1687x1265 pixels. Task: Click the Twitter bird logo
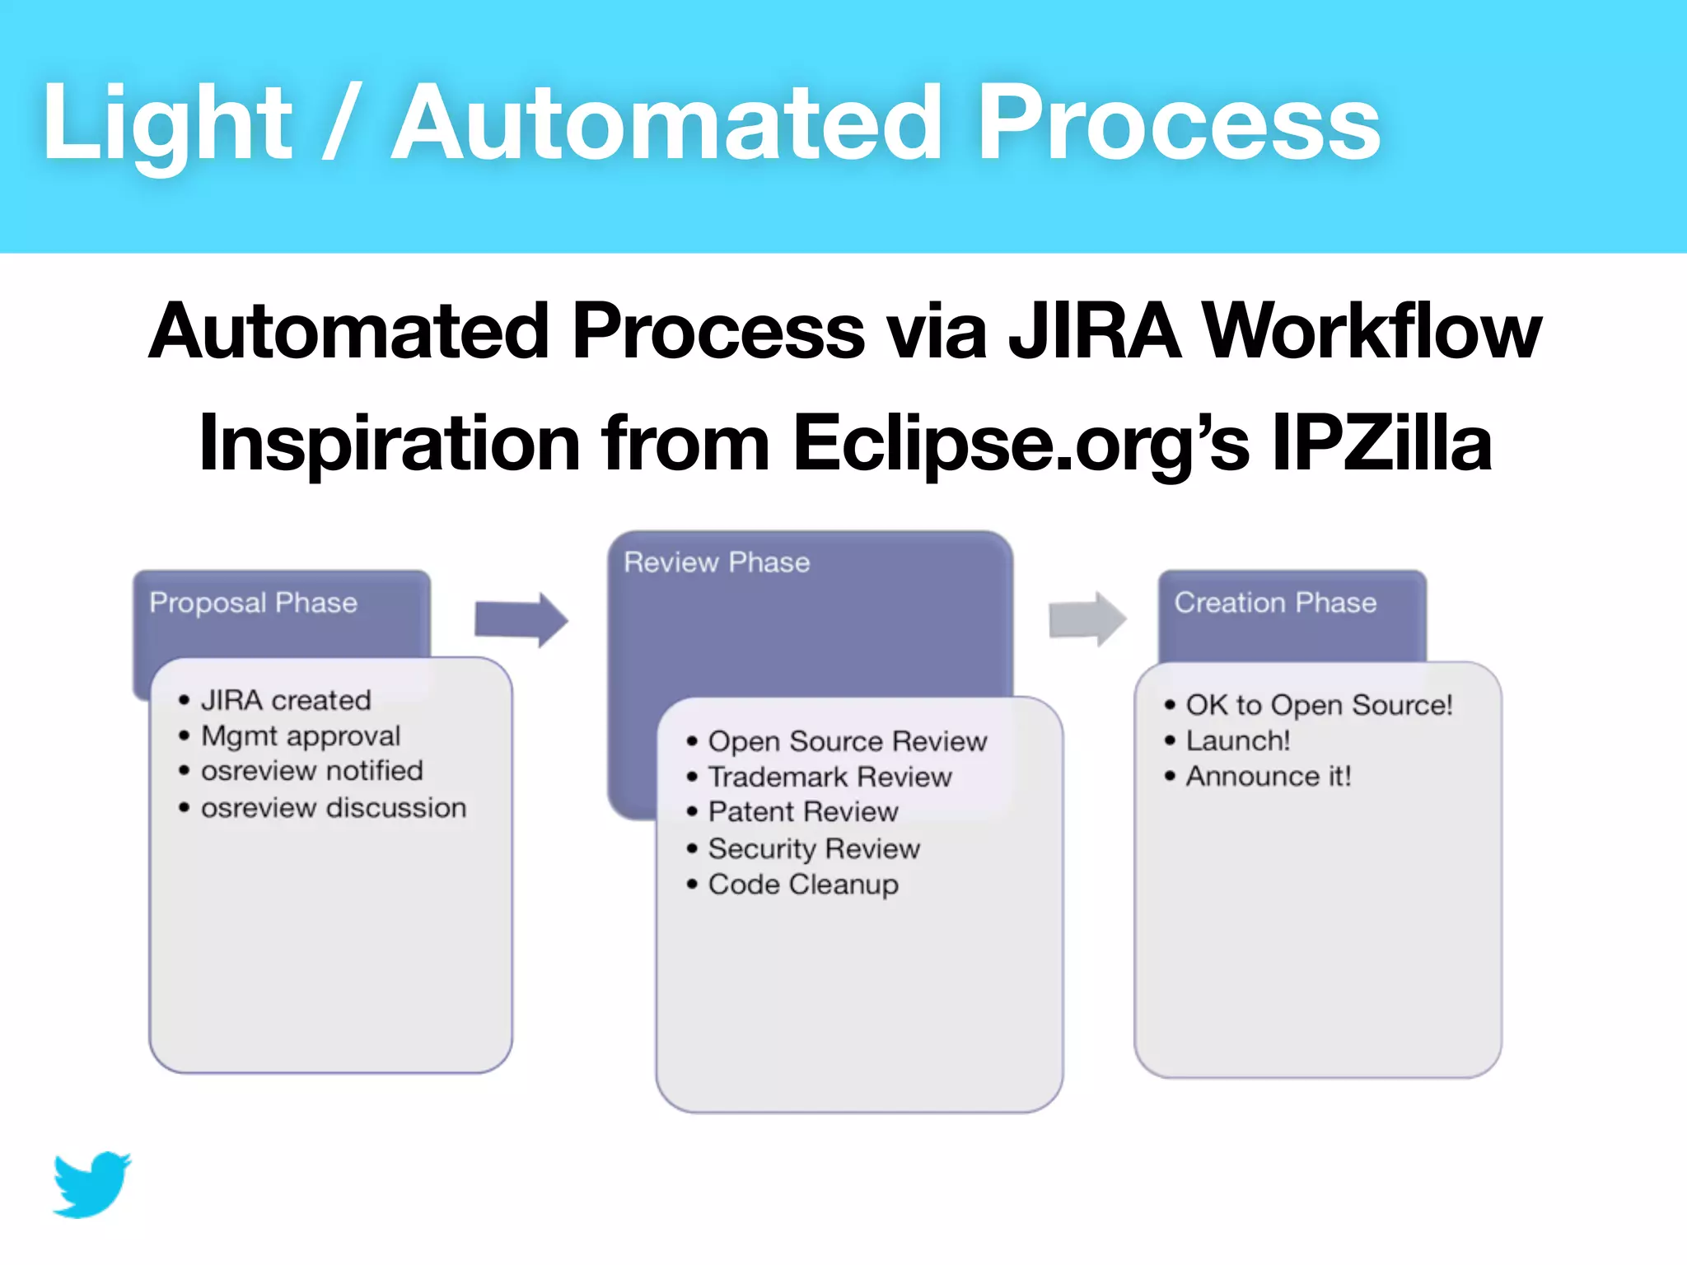(x=92, y=1184)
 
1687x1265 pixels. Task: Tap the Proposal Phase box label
(x=253, y=603)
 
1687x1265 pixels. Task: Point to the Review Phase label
(x=717, y=562)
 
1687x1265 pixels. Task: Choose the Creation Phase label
(x=1275, y=603)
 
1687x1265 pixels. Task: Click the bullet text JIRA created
(x=286, y=700)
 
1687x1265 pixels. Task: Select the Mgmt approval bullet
(x=301, y=735)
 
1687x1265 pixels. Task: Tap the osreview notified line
(x=311, y=771)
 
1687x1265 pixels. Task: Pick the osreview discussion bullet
(x=334, y=808)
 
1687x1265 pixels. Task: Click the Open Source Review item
(x=847, y=741)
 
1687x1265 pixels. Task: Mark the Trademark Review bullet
(x=829, y=777)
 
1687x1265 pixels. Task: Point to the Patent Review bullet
(x=803, y=812)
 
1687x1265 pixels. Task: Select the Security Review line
(x=814, y=848)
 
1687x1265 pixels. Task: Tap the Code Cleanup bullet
(x=803, y=885)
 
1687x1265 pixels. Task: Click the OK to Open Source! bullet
(x=1319, y=705)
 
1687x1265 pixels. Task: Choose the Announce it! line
(x=1269, y=777)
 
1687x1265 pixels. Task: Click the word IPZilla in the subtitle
(x=1381, y=443)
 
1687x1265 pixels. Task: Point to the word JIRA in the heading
(x=1095, y=331)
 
